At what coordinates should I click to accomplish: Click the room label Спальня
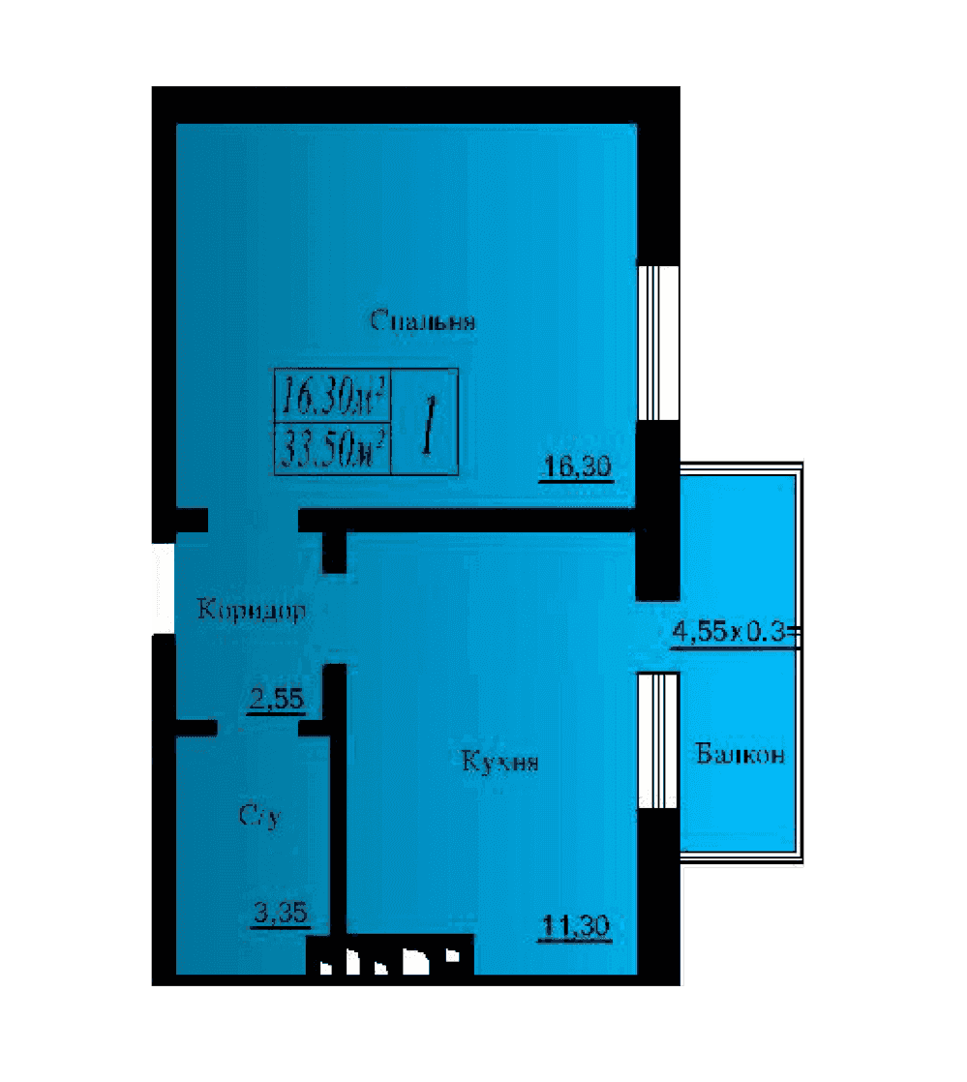click(422, 321)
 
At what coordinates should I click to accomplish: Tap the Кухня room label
click(499, 761)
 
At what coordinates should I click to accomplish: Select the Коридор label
click(252, 610)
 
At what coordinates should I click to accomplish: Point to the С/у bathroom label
click(260, 816)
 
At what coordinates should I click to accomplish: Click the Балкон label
click(740, 754)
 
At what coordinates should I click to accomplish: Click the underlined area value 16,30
click(577, 467)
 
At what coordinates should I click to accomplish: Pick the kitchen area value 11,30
click(576, 925)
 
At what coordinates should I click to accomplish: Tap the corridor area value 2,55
click(276, 700)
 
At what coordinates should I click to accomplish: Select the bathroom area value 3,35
click(281, 914)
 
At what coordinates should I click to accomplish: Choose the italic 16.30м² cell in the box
click(334, 396)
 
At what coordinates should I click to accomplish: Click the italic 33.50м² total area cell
click(334, 448)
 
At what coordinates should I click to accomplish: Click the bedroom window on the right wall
click(658, 343)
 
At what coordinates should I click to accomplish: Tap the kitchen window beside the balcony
click(658, 740)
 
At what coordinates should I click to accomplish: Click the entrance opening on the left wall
click(164, 588)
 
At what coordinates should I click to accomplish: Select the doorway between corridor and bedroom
click(254, 521)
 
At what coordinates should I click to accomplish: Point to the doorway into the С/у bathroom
click(258, 729)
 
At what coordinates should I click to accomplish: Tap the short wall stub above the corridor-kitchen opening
click(335, 552)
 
